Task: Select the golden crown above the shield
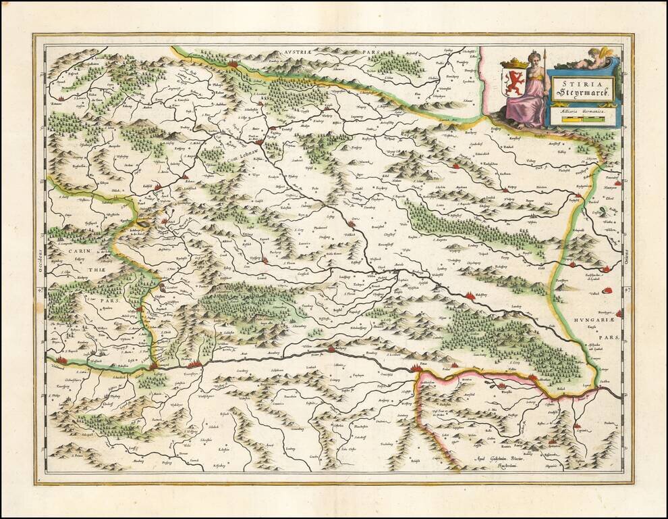[x=516, y=63]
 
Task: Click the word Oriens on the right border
[x=627, y=258]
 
